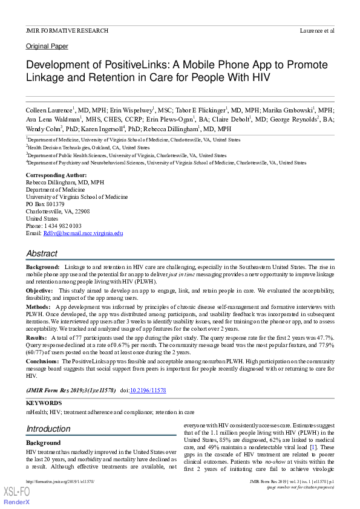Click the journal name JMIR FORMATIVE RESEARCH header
pyautogui.click(x=67, y=30)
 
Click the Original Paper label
pyautogui.click(x=47, y=47)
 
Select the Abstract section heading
pyautogui.click(x=42, y=253)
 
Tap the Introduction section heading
pyautogui.click(x=48, y=429)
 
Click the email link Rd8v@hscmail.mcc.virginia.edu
pyautogui.click(x=83, y=233)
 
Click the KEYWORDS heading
pyautogui.click(x=44, y=403)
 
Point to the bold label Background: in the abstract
pyautogui.click(x=42, y=267)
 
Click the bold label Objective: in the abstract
pyautogui.click(x=40, y=291)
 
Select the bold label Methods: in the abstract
pyautogui.click(x=39, y=307)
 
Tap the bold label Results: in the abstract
pyautogui.click(x=36, y=337)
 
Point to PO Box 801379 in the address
pyautogui.click(x=45, y=204)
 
